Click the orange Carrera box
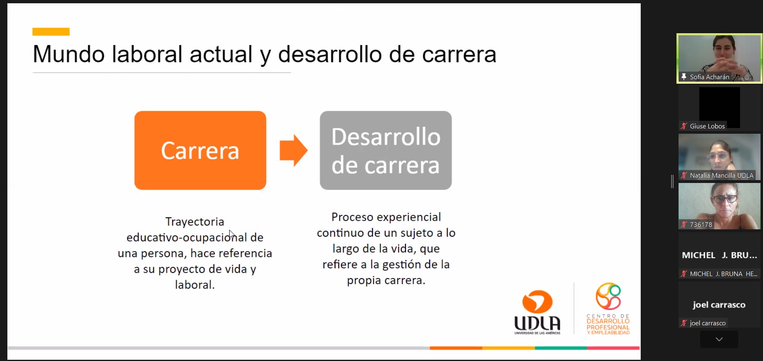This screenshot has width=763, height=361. point(200,150)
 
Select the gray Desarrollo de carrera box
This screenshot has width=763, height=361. point(386,150)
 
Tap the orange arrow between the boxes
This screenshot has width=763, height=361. point(294,150)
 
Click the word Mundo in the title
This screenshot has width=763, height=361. point(68,54)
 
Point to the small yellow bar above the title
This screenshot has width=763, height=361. point(51,32)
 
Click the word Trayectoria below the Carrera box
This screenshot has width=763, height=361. point(195,222)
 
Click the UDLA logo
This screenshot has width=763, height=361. point(538,312)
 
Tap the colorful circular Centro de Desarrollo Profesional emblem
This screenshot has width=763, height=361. point(608,296)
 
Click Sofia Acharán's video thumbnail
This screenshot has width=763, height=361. point(720,58)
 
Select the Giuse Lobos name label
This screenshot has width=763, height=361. point(707,126)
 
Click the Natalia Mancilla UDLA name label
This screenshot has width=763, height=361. point(722,176)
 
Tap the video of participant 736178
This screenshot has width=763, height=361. point(720,206)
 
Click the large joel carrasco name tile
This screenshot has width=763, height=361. point(719,305)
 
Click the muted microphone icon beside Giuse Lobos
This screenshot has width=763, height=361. point(683,126)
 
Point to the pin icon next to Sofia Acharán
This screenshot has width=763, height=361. point(683,77)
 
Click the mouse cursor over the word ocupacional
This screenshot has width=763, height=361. point(232,235)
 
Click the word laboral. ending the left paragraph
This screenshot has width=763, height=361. point(195,285)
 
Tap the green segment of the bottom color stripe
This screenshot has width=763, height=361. point(561,348)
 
